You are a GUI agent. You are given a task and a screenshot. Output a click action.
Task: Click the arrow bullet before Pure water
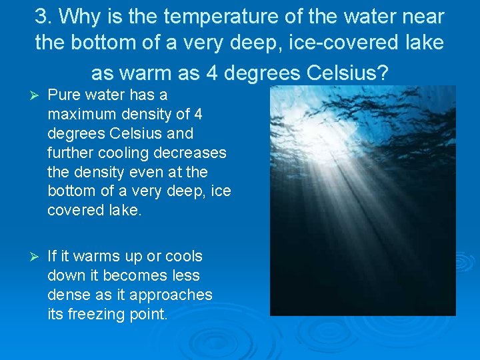pos(27,95)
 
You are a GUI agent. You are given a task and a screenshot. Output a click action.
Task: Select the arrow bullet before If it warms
pos(27,257)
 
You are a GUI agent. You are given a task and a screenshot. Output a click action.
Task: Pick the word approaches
pos(170,295)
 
